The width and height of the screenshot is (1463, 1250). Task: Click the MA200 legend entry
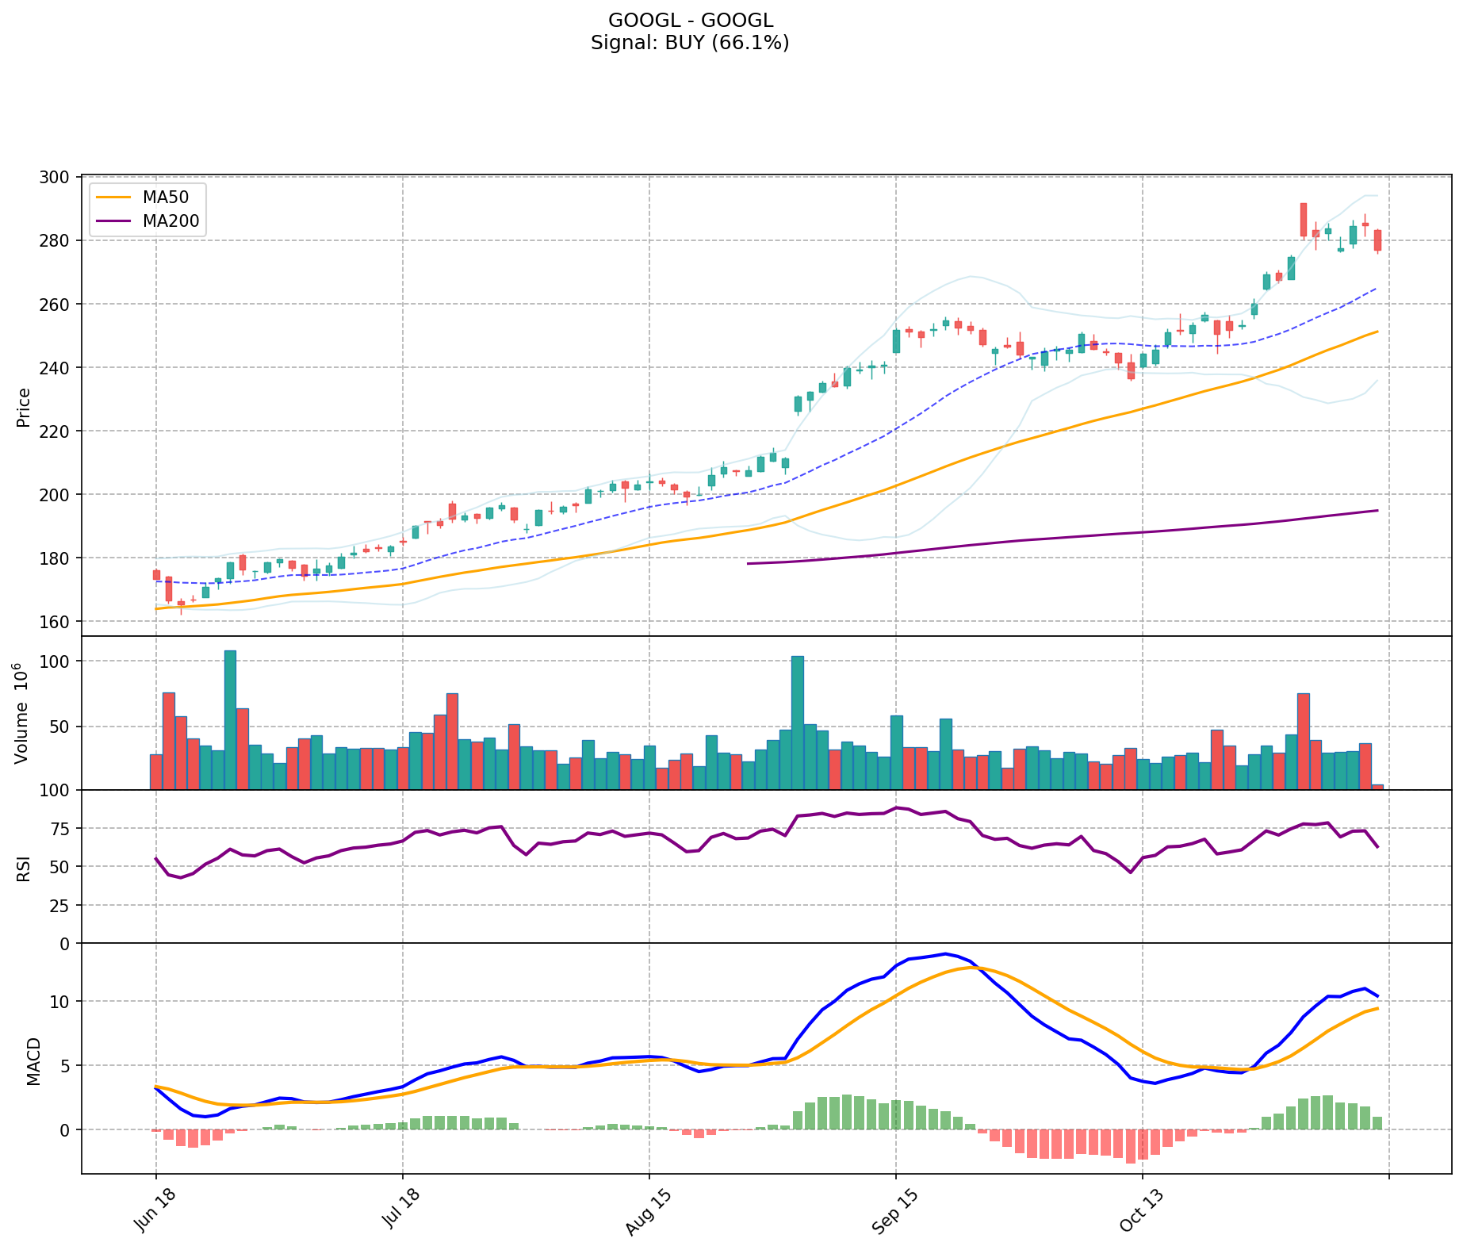[x=170, y=221]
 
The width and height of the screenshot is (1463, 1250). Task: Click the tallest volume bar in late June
[x=230, y=719]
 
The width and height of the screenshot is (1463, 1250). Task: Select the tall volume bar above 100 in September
[x=798, y=723]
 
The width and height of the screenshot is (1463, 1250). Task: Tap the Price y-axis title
[x=24, y=407]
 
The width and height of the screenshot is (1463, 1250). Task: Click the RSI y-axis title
[x=24, y=868]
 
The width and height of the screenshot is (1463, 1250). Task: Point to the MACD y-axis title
[x=33, y=1061]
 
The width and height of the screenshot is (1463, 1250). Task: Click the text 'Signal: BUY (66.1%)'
[x=690, y=43]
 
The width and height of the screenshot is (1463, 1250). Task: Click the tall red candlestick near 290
[x=1303, y=220]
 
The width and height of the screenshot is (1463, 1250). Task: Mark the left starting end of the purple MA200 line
[x=748, y=563]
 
